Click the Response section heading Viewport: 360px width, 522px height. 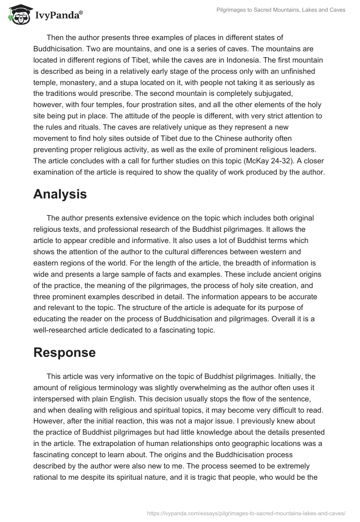click(64, 352)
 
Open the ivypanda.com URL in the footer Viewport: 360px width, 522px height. click(247, 513)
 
